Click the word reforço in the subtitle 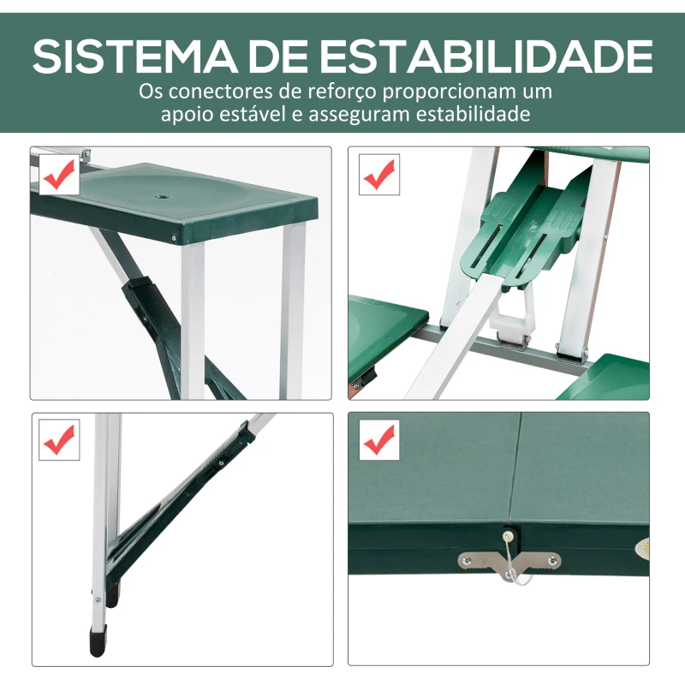[x=325, y=92]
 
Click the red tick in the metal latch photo [x=378, y=441]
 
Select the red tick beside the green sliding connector [x=378, y=176]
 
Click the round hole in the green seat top [x=163, y=196]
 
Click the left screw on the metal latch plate [x=468, y=560]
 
